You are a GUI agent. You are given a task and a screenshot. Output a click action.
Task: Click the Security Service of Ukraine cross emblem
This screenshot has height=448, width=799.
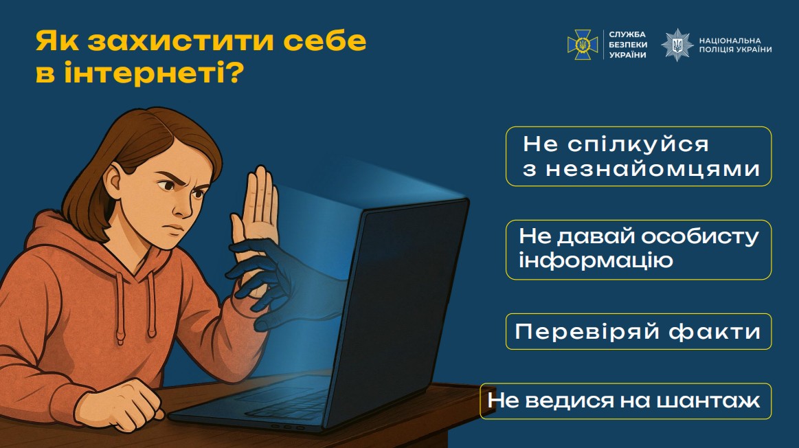pyautogui.click(x=582, y=45)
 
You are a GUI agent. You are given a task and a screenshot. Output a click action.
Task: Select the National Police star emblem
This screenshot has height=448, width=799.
pyautogui.click(x=677, y=45)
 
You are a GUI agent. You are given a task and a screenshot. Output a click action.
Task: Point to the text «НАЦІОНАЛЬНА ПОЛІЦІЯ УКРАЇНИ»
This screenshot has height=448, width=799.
pyautogui.click(x=734, y=45)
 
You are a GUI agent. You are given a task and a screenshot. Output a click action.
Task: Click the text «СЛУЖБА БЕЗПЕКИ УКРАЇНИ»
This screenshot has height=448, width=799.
pyautogui.click(x=627, y=45)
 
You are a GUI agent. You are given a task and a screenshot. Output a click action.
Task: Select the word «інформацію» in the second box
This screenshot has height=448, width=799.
pyautogui.click(x=595, y=261)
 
